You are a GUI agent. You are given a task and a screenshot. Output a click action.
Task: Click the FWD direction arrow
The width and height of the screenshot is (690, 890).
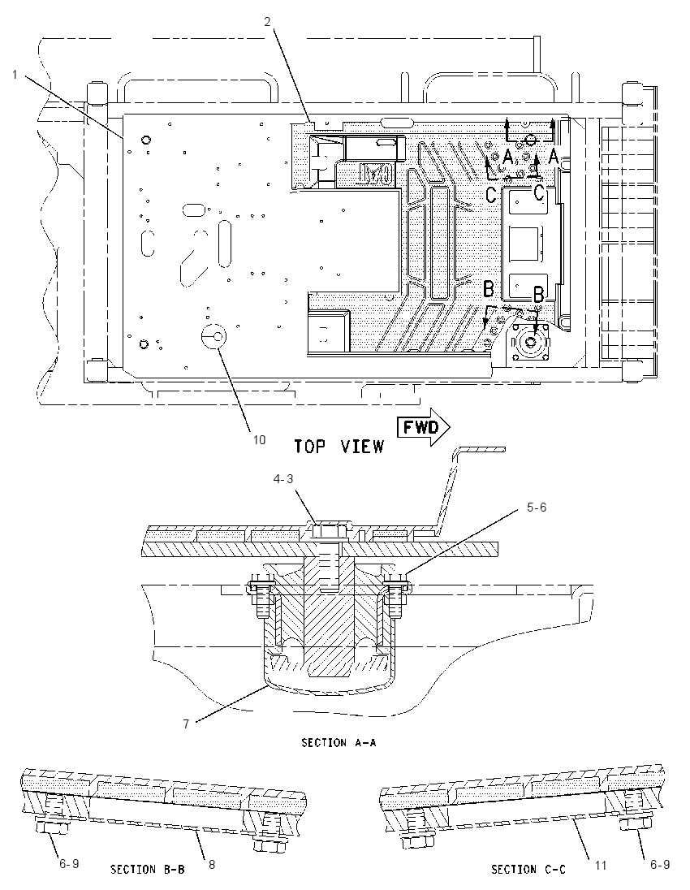point(422,426)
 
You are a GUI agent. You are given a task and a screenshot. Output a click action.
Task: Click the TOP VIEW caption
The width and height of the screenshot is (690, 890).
point(339,447)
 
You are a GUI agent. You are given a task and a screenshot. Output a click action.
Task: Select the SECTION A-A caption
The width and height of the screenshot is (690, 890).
point(339,742)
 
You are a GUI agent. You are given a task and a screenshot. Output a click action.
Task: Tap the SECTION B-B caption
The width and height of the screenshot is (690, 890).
point(148,869)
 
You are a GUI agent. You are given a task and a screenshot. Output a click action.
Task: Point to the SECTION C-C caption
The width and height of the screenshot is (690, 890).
point(528,869)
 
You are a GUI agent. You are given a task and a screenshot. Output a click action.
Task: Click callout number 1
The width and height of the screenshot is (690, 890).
point(15,75)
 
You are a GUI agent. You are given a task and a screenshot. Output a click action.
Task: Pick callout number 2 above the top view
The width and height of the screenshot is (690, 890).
point(267,22)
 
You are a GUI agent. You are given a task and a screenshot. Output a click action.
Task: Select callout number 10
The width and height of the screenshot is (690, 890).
point(259,440)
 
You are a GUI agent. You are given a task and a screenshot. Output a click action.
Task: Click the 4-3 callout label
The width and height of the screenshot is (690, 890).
point(283,479)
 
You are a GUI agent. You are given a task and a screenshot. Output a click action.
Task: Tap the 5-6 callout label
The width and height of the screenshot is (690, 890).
point(537,507)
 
